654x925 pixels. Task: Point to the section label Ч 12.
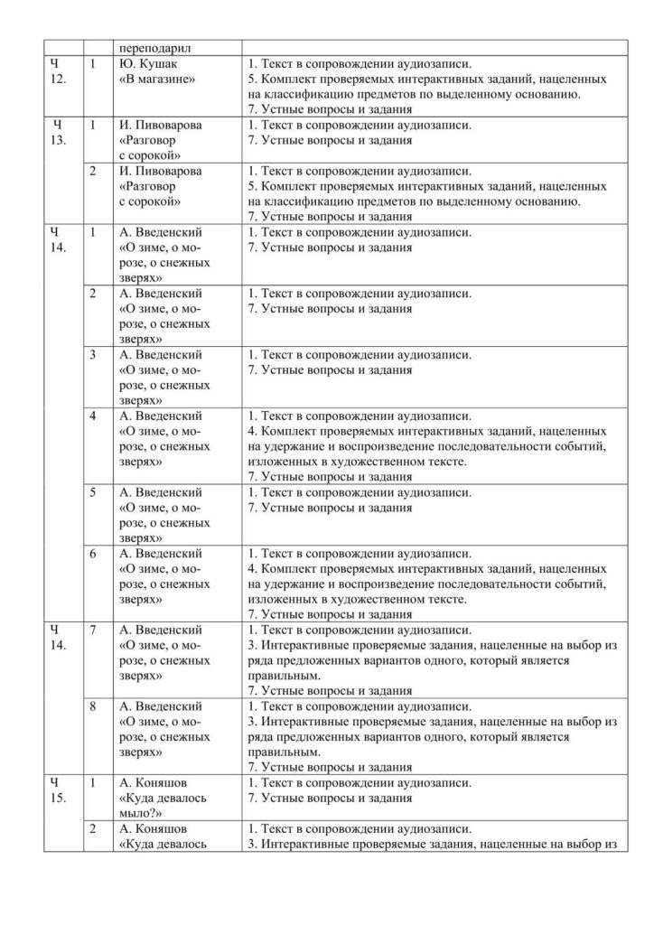pos(57,71)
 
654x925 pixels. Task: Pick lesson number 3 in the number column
pos(94,354)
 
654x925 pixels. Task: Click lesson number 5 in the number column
pos(94,492)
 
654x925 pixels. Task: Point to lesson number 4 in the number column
pos(94,416)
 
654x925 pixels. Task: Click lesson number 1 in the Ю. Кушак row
pos(94,64)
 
